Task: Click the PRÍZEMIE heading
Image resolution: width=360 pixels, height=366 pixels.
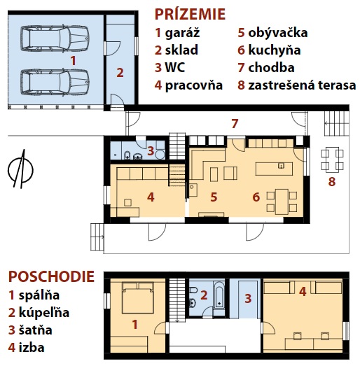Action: tap(190, 14)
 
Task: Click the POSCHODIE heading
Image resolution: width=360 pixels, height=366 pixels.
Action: tap(51, 276)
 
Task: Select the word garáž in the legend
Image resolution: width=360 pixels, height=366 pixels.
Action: tap(182, 33)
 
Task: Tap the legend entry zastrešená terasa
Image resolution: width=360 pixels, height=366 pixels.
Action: tap(302, 85)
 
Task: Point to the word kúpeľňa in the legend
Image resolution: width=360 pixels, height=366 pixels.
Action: tap(44, 313)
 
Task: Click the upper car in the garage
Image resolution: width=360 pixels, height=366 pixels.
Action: tap(55, 38)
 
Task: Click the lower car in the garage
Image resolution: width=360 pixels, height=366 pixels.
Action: tap(55, 82)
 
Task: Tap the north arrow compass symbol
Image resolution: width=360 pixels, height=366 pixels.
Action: tap(20, 169)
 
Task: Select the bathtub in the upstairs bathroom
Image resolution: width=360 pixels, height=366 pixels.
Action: tap(219, 295)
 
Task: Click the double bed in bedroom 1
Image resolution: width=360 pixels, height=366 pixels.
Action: tap(137, 298)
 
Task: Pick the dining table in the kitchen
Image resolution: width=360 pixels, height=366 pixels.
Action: tap(282, 202)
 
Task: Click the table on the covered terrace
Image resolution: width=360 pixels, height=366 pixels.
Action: tap(332, 160)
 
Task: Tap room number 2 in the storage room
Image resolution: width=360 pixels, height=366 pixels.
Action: tap(120, 73)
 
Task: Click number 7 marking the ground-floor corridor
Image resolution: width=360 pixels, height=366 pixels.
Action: tap(235, 123)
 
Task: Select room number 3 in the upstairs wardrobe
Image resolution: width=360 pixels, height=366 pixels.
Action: tap(248, 299)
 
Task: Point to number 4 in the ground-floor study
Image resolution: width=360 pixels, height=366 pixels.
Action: tap(151, 197)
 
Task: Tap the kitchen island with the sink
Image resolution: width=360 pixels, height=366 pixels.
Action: tap(274, 169)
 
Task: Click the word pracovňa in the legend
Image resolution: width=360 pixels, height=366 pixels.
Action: tap(194, 85)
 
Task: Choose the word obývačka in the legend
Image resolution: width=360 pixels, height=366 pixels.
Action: tap(278, 33)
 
